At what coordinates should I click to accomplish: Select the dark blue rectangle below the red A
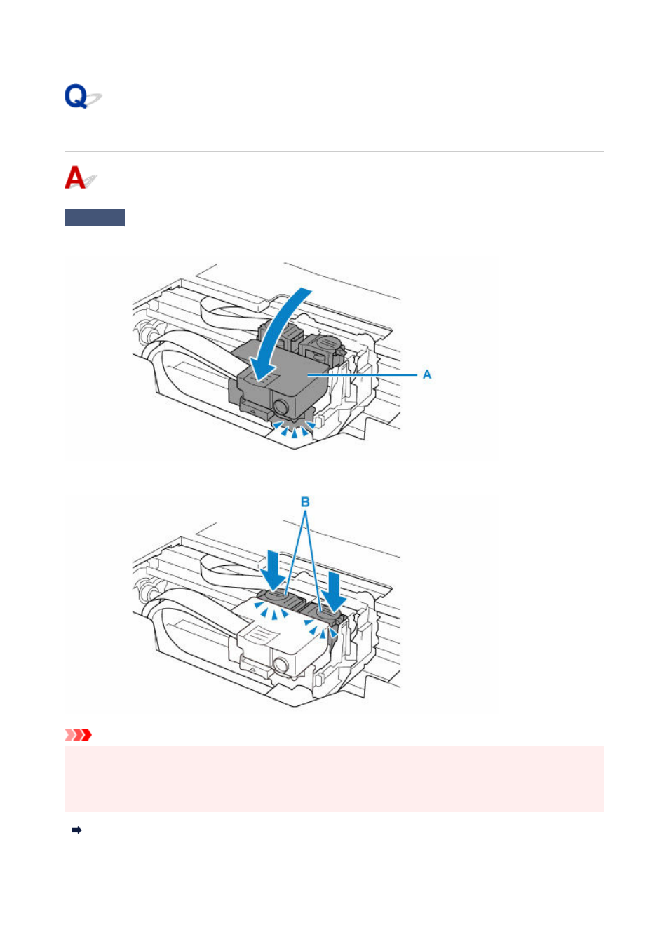coord(95,217)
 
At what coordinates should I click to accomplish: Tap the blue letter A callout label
coord(427,374)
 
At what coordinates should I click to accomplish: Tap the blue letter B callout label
coord(305,501)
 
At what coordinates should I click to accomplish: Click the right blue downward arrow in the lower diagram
coord(334,592)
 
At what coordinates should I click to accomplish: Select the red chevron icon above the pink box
coord(78,735)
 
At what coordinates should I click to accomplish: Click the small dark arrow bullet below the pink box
coord(77,830)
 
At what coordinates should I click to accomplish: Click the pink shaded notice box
coord(334,779)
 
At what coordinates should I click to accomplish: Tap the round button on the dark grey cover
coord(280,407)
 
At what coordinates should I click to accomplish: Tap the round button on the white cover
coord(280,666)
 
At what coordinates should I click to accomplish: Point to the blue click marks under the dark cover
coord(294,429)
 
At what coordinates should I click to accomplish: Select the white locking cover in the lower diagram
coord(279,637)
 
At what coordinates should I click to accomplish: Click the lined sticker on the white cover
coord(262,635)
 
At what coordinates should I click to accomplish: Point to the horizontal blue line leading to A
coord(363,374)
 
